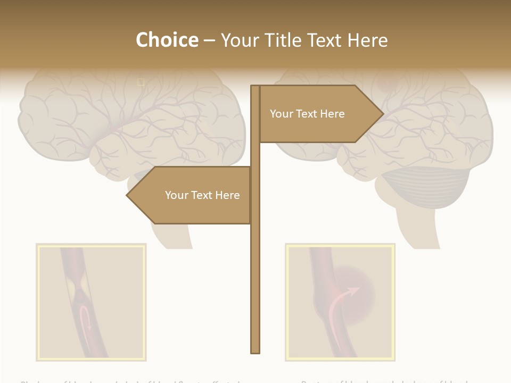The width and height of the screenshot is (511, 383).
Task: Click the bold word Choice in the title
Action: tap(167, 40)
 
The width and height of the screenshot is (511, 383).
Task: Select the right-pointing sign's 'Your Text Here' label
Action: tap(307, 114)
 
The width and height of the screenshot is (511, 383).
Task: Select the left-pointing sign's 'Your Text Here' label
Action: tap(202, 195)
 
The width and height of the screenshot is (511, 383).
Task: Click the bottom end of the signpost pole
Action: tap(256, 351)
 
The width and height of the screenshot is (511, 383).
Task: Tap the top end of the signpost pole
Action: tap(256, 87)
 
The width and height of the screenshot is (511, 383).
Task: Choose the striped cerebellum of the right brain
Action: tap(428, 186)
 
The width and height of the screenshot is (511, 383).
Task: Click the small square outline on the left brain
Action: tap(141, 82)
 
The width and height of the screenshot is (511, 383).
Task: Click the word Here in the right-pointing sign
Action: tap(332, 114)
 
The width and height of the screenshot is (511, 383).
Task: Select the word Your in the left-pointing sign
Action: tap(176, 195)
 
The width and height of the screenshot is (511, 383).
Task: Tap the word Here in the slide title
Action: tap(367, 40)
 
